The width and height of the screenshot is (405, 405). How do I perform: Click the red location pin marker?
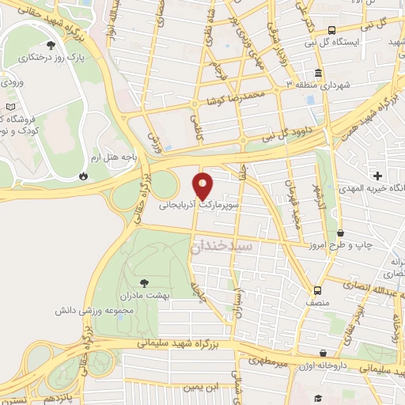203,185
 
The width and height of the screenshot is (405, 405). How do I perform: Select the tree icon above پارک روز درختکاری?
51,45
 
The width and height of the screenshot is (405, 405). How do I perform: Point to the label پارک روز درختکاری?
59,59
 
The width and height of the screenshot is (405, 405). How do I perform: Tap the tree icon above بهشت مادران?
143,282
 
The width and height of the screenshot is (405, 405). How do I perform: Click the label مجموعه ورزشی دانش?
120,309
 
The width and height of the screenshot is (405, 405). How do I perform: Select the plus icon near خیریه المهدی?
378,175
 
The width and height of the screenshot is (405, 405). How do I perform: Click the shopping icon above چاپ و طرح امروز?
339,233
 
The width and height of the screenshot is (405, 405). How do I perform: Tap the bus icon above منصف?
317,290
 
